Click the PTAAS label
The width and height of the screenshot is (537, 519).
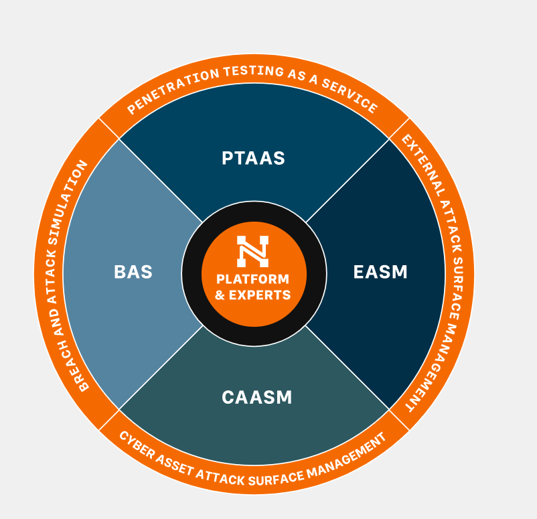pos(253,159)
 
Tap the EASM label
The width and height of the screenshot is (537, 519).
pos(380,272)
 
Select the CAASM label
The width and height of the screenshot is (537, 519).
pos(257,397)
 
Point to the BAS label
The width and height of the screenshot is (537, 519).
pos(133,273)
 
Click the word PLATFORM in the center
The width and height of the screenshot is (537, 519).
pos(253,279)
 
